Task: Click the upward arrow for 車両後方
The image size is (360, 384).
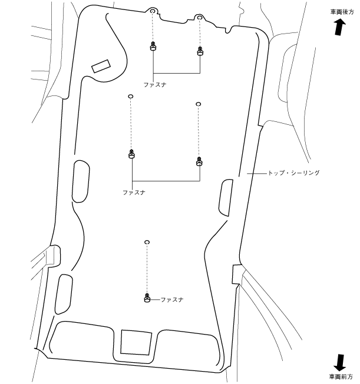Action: click(x=339, y=27)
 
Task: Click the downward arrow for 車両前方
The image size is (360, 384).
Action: click(x=339, y=362)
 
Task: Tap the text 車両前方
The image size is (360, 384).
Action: click(x=342, y=376)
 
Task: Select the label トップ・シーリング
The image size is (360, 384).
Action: click(x=293, y=173)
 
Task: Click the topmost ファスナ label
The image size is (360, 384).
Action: click(x=155, y=84)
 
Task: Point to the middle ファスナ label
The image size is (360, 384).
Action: click(x=134, y=192)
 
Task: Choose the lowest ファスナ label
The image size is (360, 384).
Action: click(x=172, y=300)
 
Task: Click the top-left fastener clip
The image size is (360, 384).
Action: click(x=153, y=47)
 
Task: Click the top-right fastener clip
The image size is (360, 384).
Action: click(x=200, y=51)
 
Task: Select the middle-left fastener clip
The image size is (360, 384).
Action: click(x=131, y=155)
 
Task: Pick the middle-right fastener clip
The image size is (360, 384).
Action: click(x=199, y=161)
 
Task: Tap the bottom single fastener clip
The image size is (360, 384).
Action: click(x=147, y=299)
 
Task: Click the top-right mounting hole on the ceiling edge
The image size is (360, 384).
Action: click(x=200, y=18)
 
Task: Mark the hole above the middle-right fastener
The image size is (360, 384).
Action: click(x=199, y=104)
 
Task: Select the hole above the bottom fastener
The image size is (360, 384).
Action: click(x=147, y=241)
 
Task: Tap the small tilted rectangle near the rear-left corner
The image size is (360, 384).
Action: click(x=103, y=65)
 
